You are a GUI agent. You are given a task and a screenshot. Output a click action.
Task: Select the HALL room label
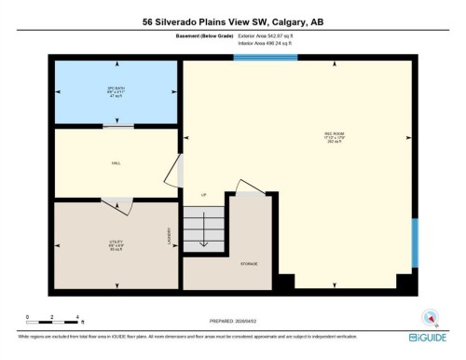click(116, 163)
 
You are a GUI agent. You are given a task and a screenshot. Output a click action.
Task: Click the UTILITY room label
click(116, 244)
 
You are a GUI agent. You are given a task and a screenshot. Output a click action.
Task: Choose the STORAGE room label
click(249, 264)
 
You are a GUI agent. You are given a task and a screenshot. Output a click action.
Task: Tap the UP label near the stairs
click(203, 194)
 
